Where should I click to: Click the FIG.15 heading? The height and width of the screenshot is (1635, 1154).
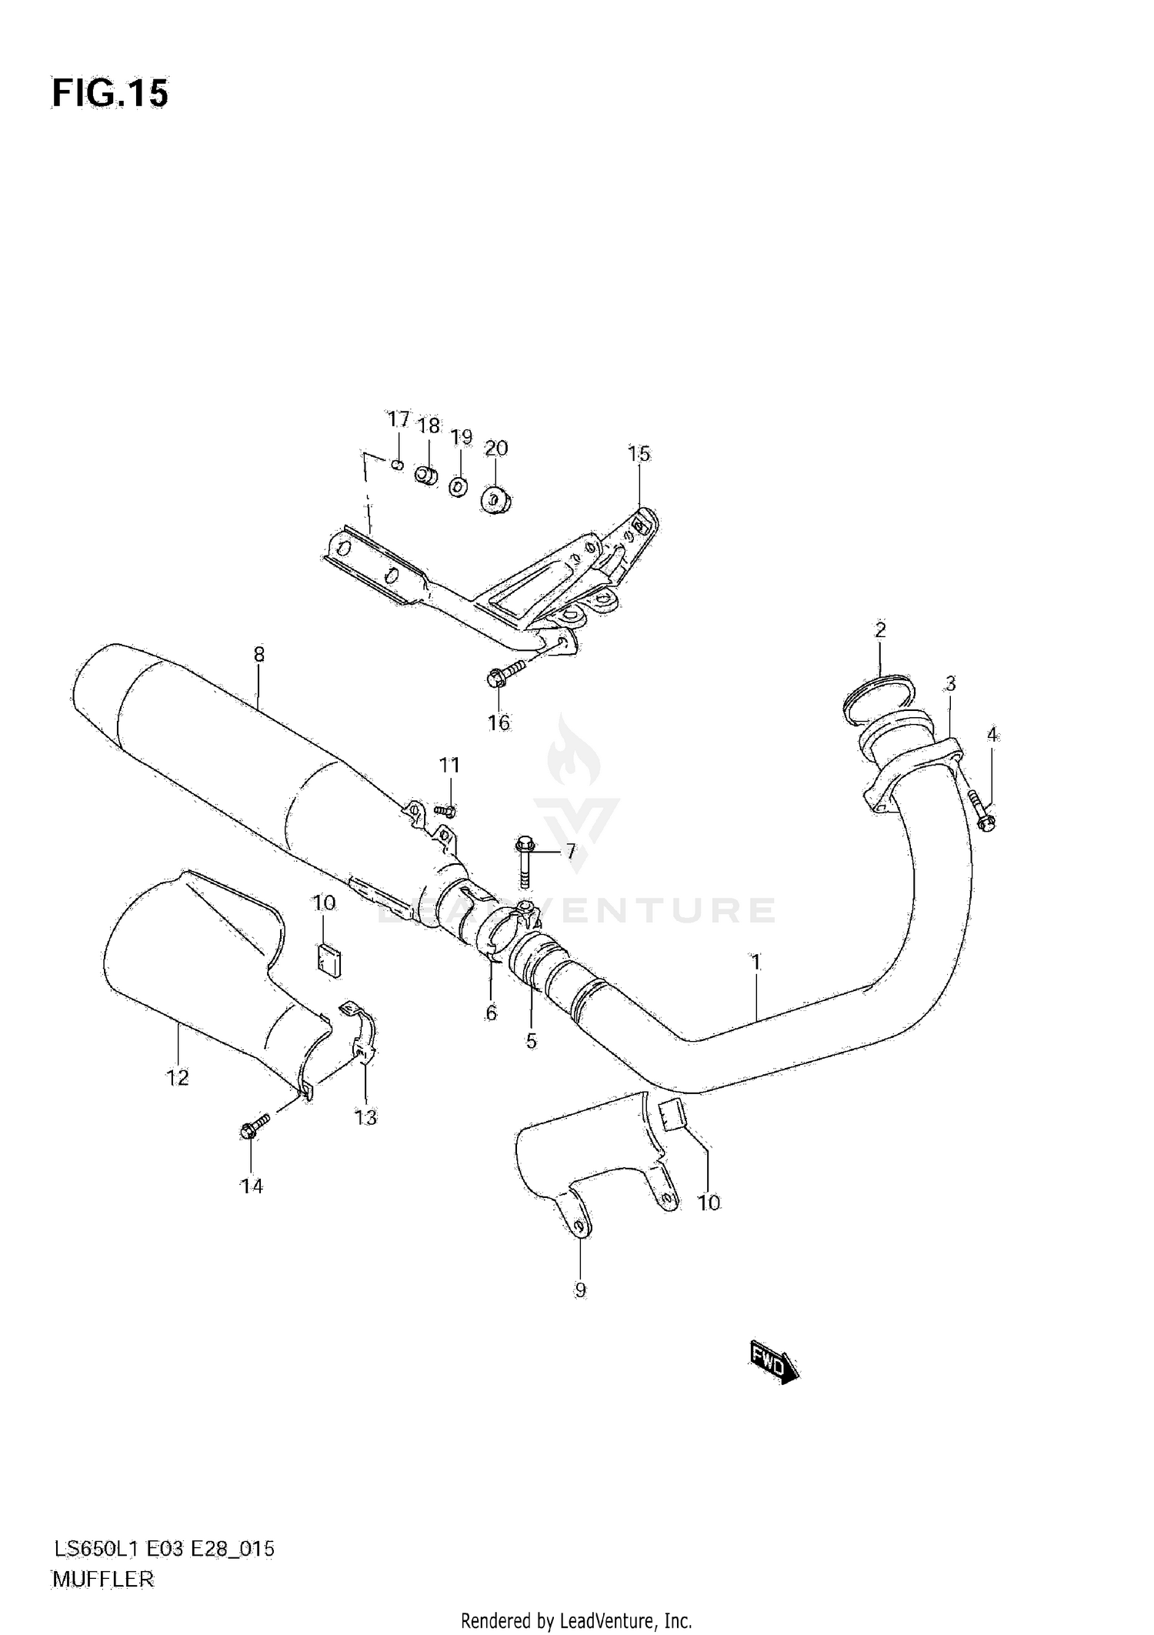110,94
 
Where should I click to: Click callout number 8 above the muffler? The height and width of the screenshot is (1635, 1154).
258,655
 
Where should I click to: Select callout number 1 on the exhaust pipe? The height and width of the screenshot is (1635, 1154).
756,962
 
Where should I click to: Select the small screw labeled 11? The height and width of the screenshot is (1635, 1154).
445,809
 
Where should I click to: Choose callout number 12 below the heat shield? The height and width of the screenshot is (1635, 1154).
178,1078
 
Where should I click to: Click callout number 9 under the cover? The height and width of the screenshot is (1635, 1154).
580,1290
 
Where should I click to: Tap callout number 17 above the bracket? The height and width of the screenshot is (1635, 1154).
398,419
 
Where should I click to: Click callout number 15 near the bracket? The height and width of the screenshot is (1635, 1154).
639,454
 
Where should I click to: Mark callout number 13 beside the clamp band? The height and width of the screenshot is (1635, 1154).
365,1117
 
